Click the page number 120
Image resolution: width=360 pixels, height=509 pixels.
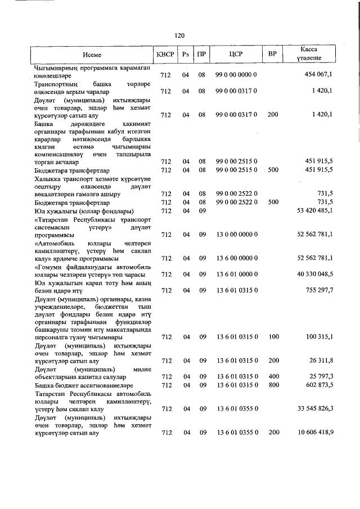pyautogui.click(x=179, y=35)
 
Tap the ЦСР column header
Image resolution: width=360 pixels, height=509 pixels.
pyautogui.click(x=236, y=55)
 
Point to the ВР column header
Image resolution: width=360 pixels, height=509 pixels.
pyautogui.click(x=272, y=55)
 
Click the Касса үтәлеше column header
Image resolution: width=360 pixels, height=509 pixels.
pyautogui.click(x=309, y=54)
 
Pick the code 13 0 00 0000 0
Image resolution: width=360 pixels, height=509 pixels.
pyautogui.click(x=236, y=234)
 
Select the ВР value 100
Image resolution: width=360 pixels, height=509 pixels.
pyautogui.click(x=273, y=337)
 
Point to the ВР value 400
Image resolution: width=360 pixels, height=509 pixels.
pyautogui.click(x=273, y=376)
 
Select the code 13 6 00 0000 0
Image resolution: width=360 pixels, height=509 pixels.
pyautogui.click(x=236, y=258)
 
